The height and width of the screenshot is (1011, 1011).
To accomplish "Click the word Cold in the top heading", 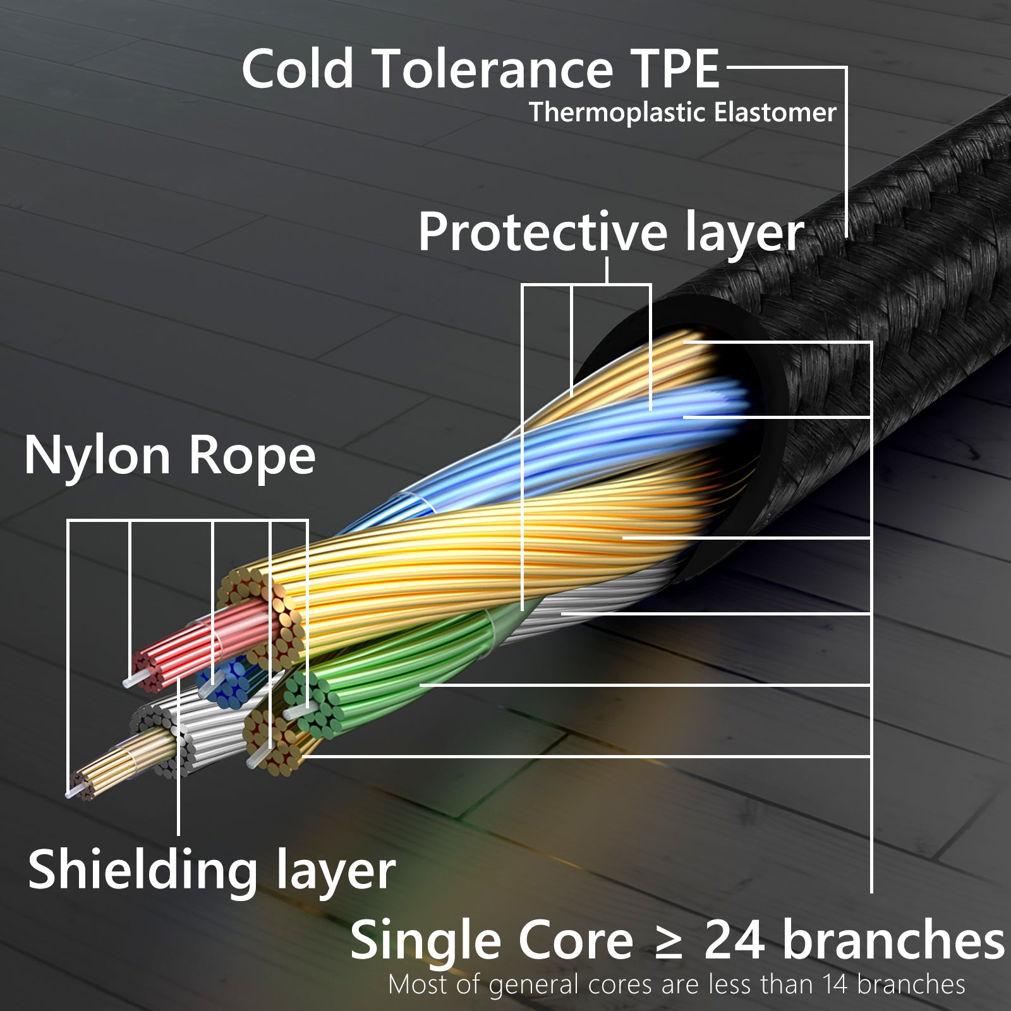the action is pyautogui.click(x=298, y=69).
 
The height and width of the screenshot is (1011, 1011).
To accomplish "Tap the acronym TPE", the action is pyautogui.click(x=675, y=69).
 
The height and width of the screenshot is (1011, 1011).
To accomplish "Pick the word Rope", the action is pyautogui.click(x=252, y=456).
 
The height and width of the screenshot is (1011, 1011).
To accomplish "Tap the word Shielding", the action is pyautogui.click(x=143, y=871).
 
